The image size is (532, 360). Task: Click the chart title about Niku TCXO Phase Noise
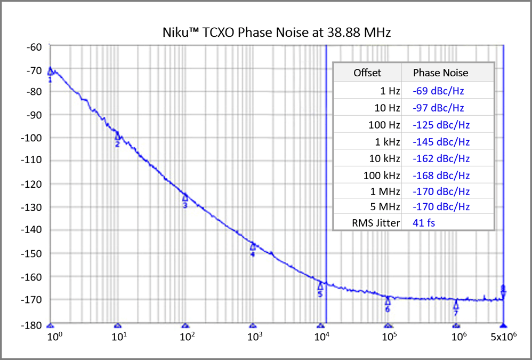(x=276, y=33)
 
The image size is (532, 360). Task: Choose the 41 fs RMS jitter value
(x=423, y=223)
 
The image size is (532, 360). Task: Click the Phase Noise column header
(x=440, y=73)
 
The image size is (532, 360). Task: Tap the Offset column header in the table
(x=367, y=73)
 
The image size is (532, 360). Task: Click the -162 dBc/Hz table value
(x=440, y=158)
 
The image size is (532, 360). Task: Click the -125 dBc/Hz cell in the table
(x=440, y=125)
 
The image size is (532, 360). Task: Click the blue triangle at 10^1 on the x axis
(x=118, y=325)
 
